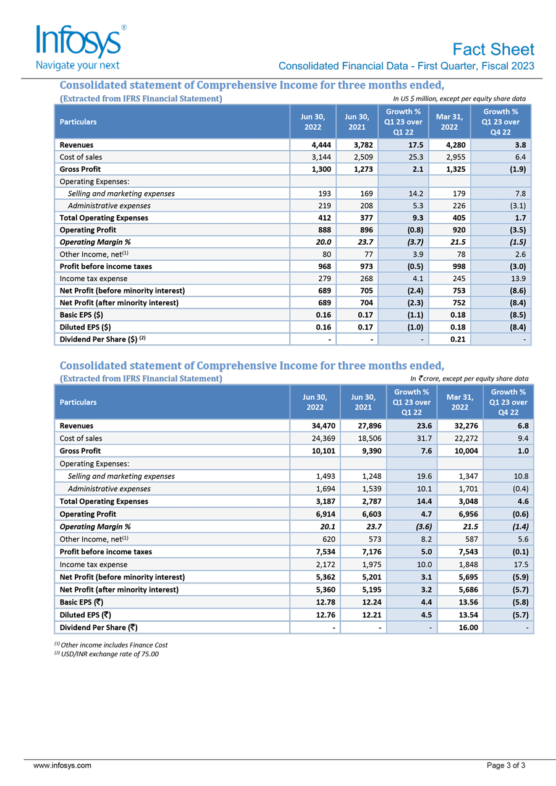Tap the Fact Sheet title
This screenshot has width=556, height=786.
tap(493, 49)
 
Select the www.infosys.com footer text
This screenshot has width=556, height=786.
tap(62, 766)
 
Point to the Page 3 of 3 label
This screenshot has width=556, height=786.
tap(506, 766)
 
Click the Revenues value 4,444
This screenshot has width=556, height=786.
tap(321, 145)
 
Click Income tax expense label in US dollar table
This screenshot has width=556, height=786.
tap(89, 279)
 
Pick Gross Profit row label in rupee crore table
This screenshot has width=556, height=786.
tap(80, 451)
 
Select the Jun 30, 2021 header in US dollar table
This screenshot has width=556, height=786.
tap(356, 122)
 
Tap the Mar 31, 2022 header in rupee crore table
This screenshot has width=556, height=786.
tap(460, 402)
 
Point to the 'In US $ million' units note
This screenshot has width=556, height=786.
tap(459, 98)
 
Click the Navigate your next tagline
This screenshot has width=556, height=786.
tap(78, 65)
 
